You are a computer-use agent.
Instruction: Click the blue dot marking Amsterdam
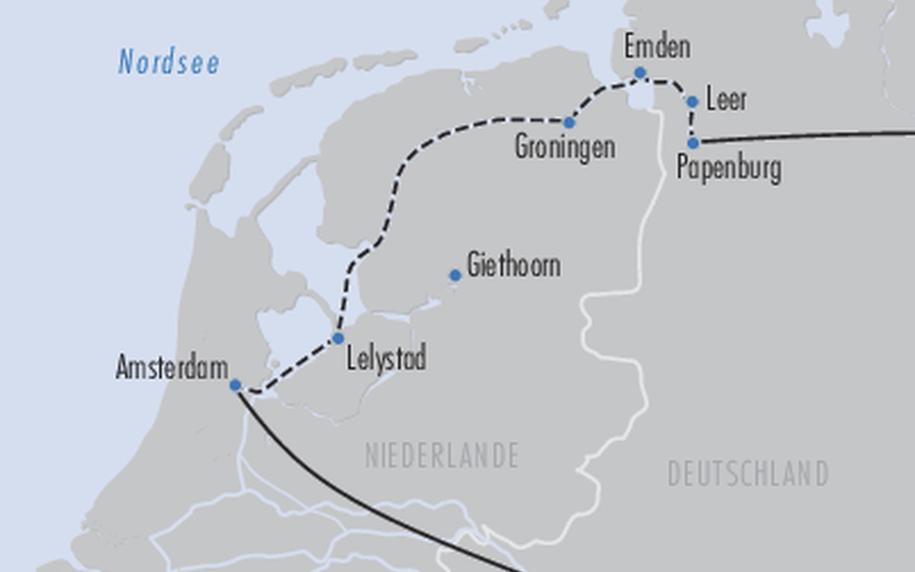236,385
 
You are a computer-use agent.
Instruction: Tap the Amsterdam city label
172,368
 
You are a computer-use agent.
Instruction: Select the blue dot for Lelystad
339,338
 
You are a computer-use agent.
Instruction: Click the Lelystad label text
386,358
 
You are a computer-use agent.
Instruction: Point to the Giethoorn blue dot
455,275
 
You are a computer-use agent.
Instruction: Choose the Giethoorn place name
513,265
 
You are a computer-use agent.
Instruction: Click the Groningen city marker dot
569,122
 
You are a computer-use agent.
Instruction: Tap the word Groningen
564,146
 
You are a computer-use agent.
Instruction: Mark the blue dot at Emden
640,72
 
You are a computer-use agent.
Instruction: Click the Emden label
657,47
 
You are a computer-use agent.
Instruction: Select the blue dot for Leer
692,101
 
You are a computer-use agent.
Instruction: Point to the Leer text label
726,100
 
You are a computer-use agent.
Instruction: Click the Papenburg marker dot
693,143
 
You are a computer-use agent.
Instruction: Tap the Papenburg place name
728,168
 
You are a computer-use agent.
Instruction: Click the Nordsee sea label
169,63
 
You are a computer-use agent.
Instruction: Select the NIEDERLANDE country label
441,456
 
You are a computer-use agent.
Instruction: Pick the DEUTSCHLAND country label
748,474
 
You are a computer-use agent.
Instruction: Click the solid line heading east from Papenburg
808,136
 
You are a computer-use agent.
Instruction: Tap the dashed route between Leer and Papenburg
692,122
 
